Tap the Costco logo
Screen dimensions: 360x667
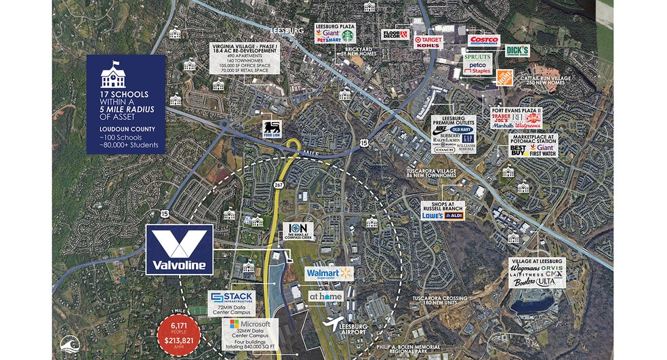pos(483,40)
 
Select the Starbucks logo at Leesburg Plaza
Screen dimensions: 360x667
pos(348,35)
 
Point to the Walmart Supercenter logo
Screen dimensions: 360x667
pos(329,273)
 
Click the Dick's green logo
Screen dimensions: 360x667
pos(517,50)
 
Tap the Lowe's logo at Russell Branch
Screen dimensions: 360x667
pos(432,215)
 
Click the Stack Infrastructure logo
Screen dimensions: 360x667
pos(232,298)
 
